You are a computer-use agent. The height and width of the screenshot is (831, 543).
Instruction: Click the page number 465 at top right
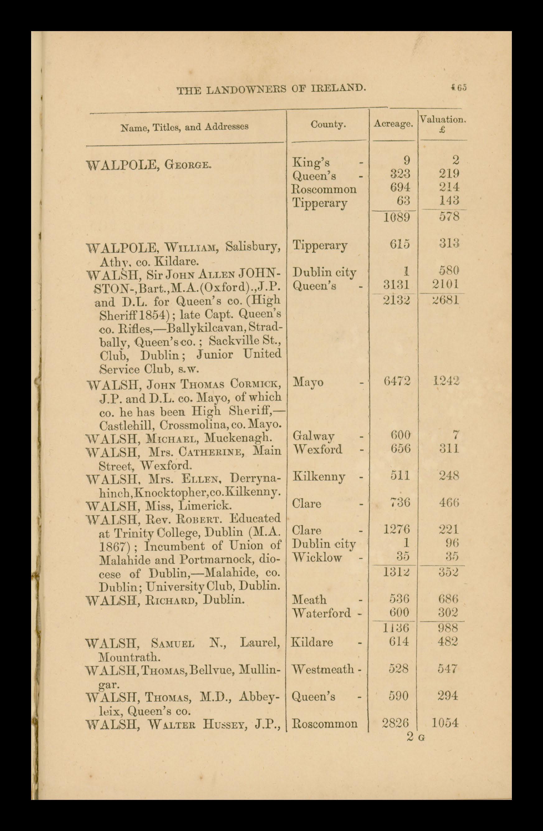click(459, 87)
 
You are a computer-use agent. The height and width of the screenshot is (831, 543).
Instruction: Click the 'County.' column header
click(328, 125)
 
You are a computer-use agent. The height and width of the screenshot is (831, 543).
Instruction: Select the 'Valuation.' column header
click(443, 119)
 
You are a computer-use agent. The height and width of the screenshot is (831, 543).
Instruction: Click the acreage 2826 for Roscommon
click(395, 723)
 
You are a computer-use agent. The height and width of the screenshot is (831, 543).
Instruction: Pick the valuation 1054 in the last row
click(444, 723)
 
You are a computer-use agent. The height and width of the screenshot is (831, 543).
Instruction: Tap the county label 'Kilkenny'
click(318, 477)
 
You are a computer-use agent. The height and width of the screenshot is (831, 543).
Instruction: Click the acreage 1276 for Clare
click(397, 530)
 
